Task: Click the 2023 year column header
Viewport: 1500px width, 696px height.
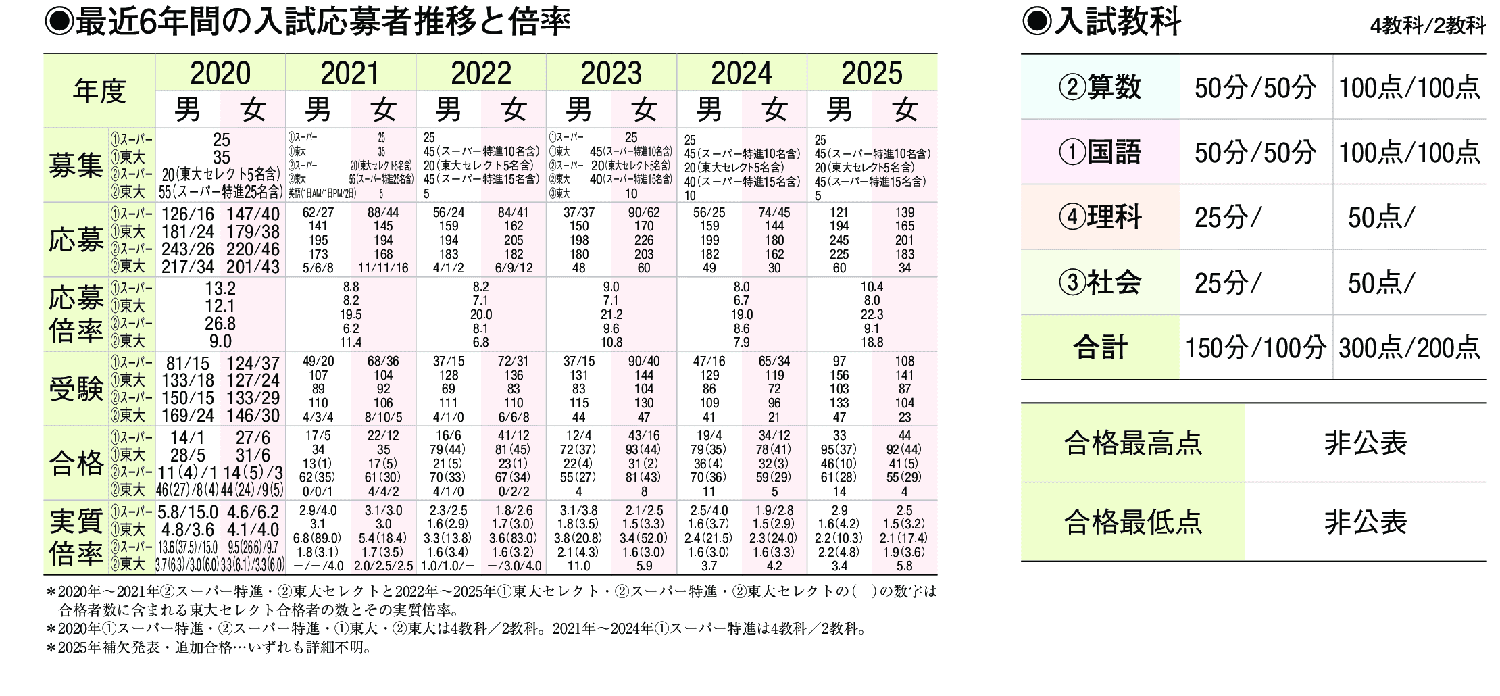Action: click(x=611, y=73)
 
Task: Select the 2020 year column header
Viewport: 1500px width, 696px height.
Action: click(x=220, y=73)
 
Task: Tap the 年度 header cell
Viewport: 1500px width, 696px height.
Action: click(x=99, y=91)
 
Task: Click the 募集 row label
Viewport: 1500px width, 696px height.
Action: click(x=76, y=166)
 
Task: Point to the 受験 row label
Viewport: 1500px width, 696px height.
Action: click(x=76, y=389)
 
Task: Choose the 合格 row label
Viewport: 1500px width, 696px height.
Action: click(x=76, y=464)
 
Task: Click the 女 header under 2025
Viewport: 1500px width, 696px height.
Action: click(x=905, y=109)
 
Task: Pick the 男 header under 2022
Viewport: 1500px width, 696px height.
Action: click(x=448, y=109)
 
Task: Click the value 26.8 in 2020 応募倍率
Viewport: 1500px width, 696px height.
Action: click(x=220, y=324)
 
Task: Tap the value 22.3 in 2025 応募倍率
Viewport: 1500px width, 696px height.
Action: click(x=872, y=315)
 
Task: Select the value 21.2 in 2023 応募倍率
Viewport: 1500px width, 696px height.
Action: click(x=611, y=315)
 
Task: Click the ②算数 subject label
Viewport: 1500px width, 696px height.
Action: click(x=1100, y=87)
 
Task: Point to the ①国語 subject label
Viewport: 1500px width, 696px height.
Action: click(x=1100, y=152)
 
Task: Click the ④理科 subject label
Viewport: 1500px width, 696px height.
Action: click(x=1100, y=217)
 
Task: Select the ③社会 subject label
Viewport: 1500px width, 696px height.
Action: click(x=1100, y=282)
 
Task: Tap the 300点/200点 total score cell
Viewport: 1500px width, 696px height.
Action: click(x=1409, y=348)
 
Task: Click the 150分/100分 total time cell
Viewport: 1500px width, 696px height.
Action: click(x=1255, y=348)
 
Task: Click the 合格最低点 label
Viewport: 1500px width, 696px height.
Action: click(x=1133, y=522)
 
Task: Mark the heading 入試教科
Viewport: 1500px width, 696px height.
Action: click(x=1118, y=22)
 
